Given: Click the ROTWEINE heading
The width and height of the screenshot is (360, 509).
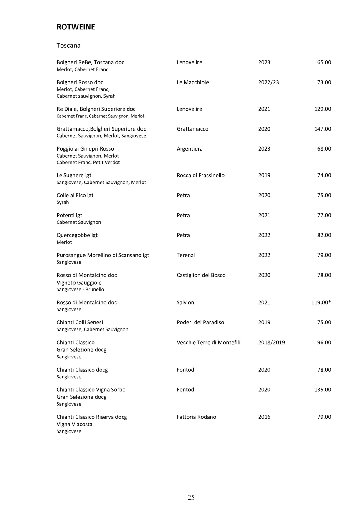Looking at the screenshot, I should click(76, 27).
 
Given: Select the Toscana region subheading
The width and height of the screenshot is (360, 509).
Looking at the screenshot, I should click(68, 46).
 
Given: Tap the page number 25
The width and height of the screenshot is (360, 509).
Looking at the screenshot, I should click(191, 497).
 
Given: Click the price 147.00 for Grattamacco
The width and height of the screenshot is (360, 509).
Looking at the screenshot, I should click(322, 129).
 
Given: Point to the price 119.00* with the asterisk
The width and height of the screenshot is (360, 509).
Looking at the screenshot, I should click(321, 302).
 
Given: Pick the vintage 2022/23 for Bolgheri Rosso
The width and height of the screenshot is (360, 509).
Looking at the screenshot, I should click(268, 82).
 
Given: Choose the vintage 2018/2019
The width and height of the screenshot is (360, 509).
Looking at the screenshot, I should click(272, 342).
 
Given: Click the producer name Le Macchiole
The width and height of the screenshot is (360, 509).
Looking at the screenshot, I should click(192, 82).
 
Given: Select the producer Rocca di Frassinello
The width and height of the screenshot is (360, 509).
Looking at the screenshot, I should click(200, 175).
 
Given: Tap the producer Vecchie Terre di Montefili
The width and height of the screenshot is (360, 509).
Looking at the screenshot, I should click(208, 342).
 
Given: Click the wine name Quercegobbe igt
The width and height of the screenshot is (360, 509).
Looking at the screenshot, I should click(77, 235).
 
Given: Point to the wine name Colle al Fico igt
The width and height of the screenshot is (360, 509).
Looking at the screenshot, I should click(75, 195).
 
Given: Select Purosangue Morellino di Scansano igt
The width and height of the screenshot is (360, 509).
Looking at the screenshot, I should click(103, 255).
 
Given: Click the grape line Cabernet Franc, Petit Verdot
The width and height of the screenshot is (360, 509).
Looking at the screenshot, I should click(88, 162).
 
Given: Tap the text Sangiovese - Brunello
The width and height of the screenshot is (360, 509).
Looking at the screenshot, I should click(80, 289).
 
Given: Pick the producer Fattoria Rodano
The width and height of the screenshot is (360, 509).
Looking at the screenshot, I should click(196, 417).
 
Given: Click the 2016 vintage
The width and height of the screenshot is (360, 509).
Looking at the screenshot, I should click(264, 417).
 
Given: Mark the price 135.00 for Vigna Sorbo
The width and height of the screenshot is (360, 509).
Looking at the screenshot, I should click(322, 390).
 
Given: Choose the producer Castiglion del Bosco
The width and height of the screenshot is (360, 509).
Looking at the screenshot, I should click(201, 275).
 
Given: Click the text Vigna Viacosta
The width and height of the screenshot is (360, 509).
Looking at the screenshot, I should click(74, 424).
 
